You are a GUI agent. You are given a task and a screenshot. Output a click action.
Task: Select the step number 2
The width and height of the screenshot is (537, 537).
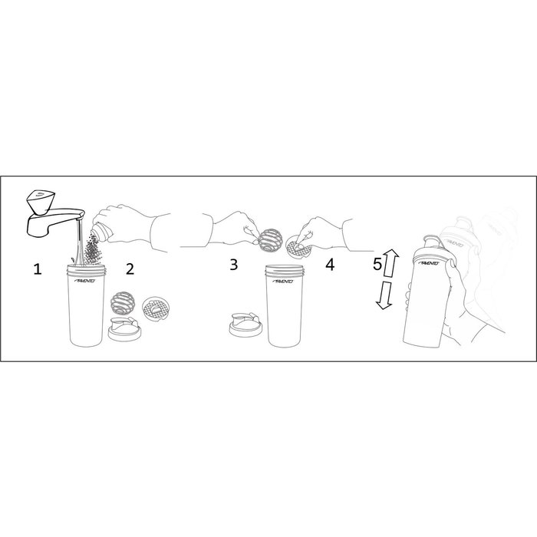(x=130, y=268)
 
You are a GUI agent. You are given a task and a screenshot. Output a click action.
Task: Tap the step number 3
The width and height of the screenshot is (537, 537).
(x=233, y=265)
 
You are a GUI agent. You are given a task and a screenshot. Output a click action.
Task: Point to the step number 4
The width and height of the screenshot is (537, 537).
(x=330, y=265)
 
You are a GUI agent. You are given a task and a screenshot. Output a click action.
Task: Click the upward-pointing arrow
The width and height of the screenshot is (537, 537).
(x=389, y=262)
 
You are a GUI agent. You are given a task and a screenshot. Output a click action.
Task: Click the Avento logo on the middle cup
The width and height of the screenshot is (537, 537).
(x=286, y=282)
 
